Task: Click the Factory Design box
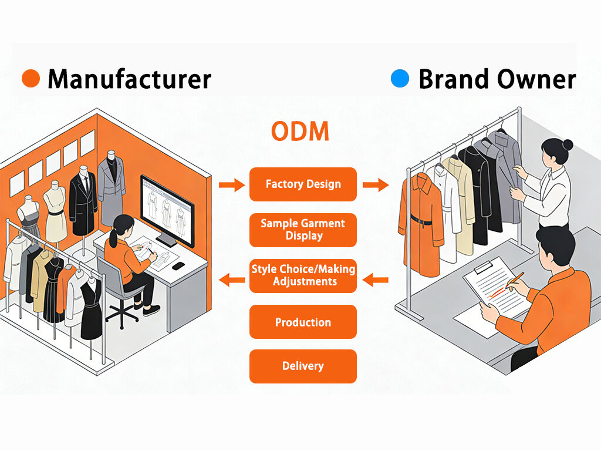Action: pyautogui.click(x=303, y=184)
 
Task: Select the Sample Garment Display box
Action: pyautogui.click(x=303, y=230)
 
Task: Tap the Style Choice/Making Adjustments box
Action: pyautogui.click(x=303, y=275)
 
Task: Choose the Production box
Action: pyautogui.click(x=303, y=322)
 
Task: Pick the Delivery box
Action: pyautogui.click(x=303, y=366)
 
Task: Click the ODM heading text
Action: pyautogui.click(x=300, y=132)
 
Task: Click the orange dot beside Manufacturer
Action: pyautogui.click(x=31, y=78)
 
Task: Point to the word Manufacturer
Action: pyautogui.click(x=129, y=79)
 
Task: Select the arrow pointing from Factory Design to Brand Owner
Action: pyautogui.click(x=375, y=186)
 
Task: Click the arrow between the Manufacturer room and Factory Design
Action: pyautogui.click(x=231, y=186)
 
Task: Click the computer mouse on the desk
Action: pyautogui.click(x=178, y=265)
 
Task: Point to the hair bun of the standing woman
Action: pyautogui.click(x=567, y=144)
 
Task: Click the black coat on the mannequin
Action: pyautogui.click(x=83, y=203)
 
